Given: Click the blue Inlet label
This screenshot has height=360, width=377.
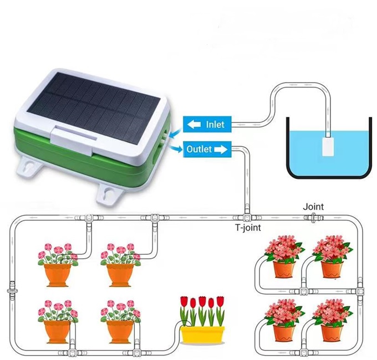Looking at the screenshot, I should coord(206,124).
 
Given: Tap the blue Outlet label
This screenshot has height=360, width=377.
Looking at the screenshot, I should coord(206,149).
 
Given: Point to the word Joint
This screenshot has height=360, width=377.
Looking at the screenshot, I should coord(313,207).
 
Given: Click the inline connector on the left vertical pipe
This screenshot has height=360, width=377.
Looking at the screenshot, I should coord(13,290).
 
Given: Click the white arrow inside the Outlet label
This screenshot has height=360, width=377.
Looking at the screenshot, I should coord(221,149).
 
